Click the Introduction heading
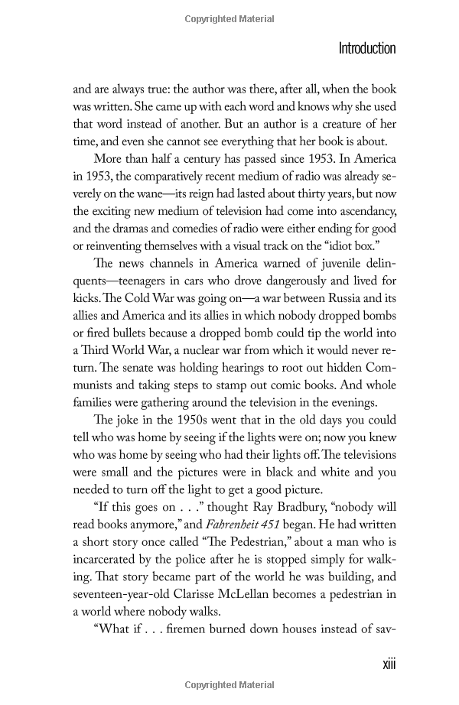[x=367, y=49]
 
